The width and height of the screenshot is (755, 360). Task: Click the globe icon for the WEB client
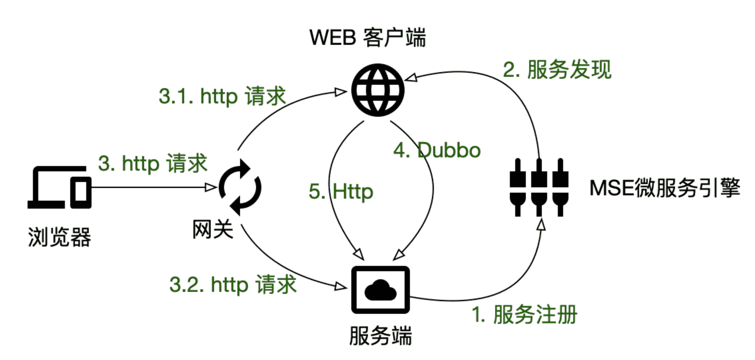coord(378,90)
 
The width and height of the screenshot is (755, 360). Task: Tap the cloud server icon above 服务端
coord(380,290)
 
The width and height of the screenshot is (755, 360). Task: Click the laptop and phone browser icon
coord(60,187)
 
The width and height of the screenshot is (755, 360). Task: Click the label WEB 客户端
coord(367,37)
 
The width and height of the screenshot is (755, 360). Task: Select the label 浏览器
coord(60,237)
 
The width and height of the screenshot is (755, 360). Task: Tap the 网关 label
coord(213,230)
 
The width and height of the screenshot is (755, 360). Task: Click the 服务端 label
coord(380,336)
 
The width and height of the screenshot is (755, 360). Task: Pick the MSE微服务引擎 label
coord(664,188)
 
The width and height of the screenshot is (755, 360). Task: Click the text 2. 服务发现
coord(557,70)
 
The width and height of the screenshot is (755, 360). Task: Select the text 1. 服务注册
coord(524,315)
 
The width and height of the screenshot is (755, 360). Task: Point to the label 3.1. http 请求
coord(222,96)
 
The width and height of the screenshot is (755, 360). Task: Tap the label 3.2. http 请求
coord(233,285)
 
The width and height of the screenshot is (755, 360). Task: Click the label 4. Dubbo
coord(437,150)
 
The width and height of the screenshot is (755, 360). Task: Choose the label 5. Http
coord(341,192)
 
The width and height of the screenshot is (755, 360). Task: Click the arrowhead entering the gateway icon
coord(211,187)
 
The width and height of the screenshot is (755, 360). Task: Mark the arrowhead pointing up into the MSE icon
coord(540,225)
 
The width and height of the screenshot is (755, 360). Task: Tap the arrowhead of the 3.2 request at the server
coord(341,286)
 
